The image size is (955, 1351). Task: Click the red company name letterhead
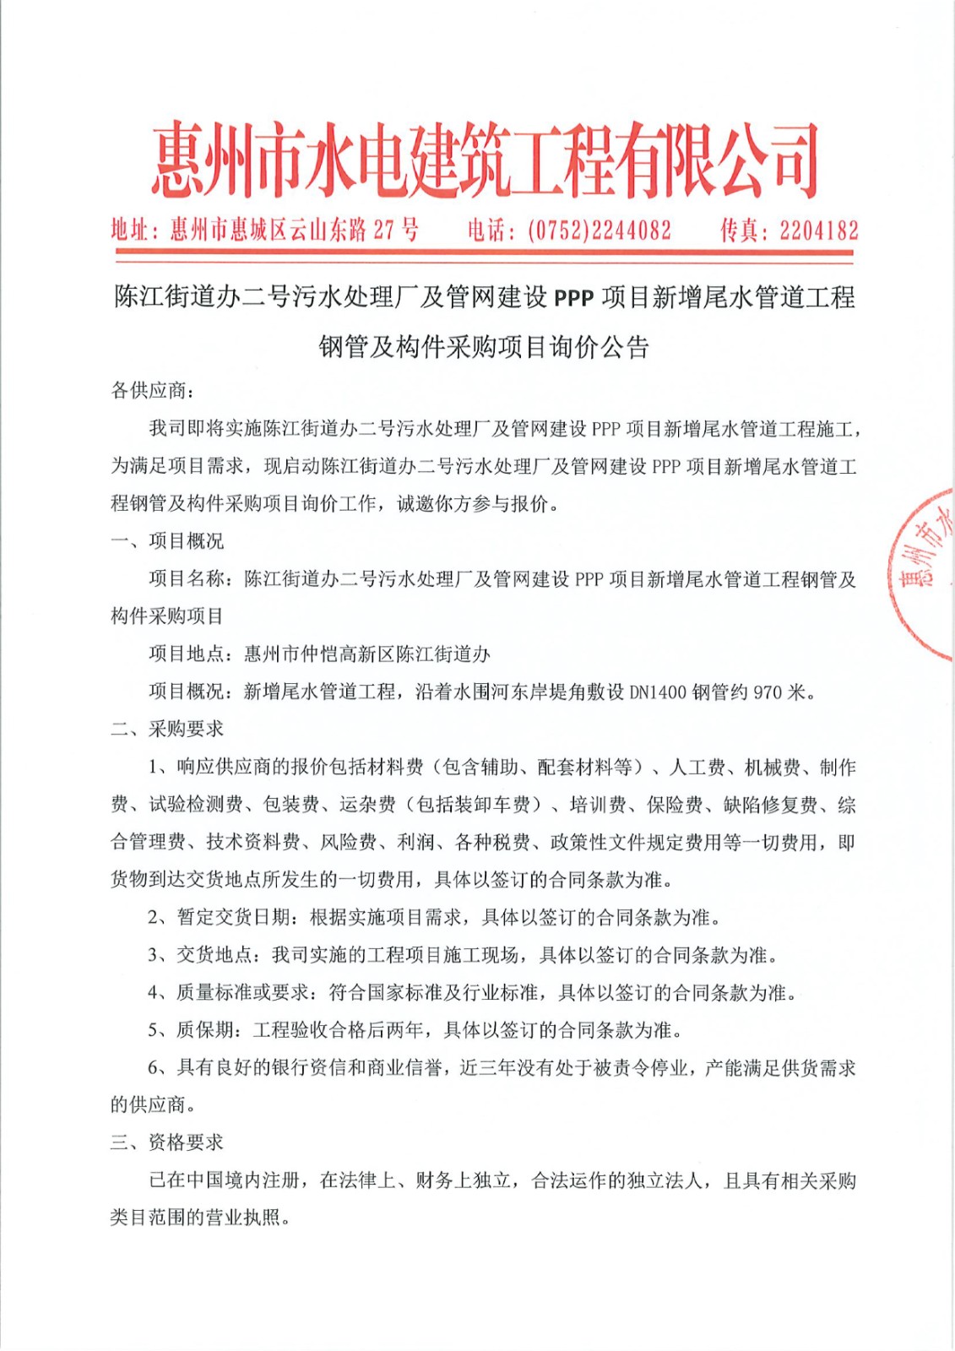pos(485,160)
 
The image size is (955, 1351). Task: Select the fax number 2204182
pos(818,231)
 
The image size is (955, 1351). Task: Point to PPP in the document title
pos(573,298)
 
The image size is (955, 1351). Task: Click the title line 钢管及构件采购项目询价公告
pos(484,347)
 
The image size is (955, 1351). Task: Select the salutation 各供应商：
pos(153,391)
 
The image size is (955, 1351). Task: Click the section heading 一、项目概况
pos(167,541)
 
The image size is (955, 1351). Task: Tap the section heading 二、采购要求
pos(167,730)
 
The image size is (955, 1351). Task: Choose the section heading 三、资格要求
pos(167,1142)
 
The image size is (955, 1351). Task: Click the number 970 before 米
pos(767,692)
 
